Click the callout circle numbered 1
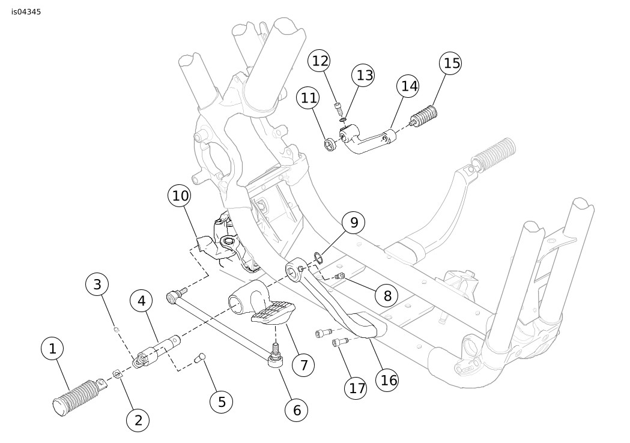pos(52,348)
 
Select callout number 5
pos(222,402)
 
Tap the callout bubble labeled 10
pos(180,196)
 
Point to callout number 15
pos(450,63)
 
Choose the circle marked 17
pos(357,388)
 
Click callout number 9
pos(354,223)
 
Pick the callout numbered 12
pos(321,61)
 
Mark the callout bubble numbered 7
pos(304,364)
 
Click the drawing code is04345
pos(26,11)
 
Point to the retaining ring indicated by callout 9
pos(318,259)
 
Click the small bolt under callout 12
pos(339,107)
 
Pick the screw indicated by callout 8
pos(340,276)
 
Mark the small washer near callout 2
pos(118,373)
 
